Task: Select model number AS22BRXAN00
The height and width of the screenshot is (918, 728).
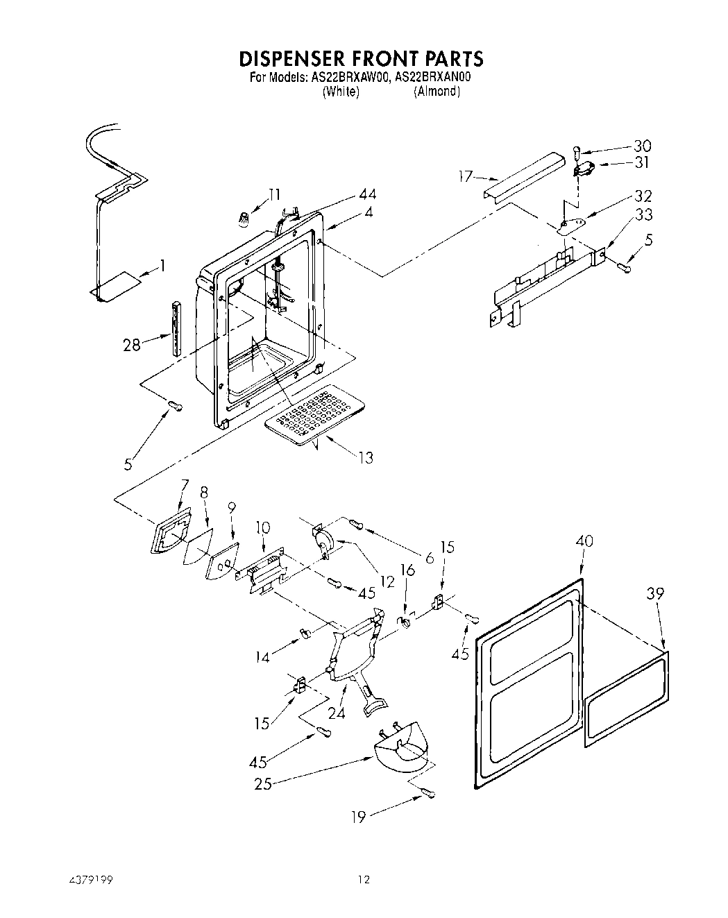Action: click(433, 78)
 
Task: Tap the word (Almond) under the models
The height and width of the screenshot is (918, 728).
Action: click(437, 92)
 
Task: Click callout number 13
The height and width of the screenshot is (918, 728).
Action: click(365, 457)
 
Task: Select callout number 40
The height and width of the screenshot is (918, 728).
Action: click(584, 542)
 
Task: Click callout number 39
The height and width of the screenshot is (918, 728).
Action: click(655, 593)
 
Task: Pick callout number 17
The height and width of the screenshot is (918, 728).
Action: click(466, 177)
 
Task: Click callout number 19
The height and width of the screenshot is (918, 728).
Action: click(359, 817)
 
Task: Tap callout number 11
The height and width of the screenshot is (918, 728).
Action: click(275, 194)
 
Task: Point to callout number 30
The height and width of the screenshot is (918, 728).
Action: click(643, 146)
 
